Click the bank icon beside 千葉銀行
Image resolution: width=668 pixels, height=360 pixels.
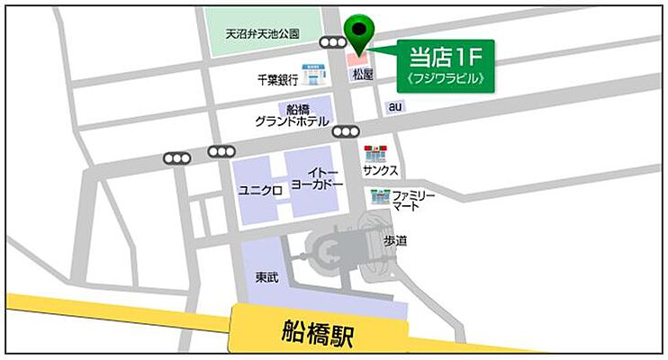click(x=311, y=70)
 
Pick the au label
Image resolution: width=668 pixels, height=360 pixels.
click(x=393, y=106)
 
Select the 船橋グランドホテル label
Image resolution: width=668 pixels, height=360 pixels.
click(x=293, y=115)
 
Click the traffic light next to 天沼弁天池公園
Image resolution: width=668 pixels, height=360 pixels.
click(x=333, y=42)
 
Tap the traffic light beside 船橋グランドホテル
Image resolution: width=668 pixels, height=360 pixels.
click(x=345, y=131)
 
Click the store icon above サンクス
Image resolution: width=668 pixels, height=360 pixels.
click(x=375, y=152)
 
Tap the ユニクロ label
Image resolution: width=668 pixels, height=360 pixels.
click(x=260, y=190)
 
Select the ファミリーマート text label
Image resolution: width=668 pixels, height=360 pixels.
click(x=414, y=201)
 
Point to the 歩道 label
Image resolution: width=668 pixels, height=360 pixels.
click(x=395, y=240)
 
